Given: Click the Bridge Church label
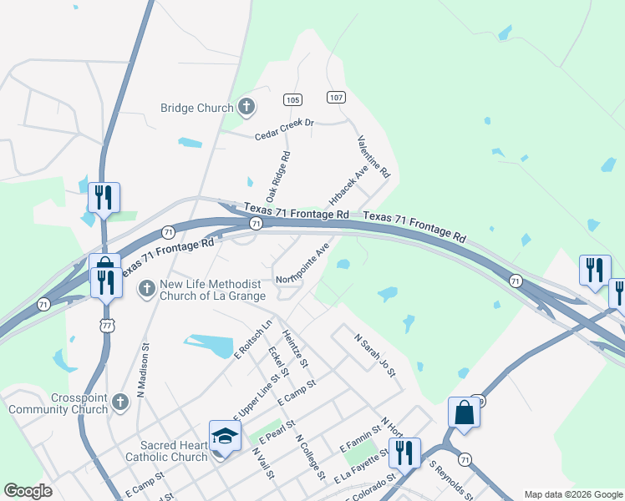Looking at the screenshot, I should [197, 108].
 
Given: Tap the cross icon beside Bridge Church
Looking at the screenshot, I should [246, 106].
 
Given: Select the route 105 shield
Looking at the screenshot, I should [292, 100].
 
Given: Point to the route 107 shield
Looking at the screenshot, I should [336, 97].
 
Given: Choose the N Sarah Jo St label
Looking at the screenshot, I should [374, 356].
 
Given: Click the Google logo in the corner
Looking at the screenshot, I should [28, 491].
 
